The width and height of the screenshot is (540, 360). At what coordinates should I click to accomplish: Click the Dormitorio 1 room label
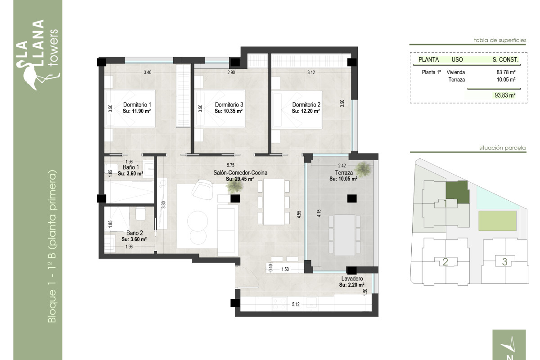(137, 105)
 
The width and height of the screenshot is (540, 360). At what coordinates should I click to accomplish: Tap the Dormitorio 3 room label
(229, 105)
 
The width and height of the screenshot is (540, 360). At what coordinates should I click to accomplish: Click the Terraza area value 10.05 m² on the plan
(343, 179)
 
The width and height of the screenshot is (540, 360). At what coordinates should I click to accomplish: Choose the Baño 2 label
(135, 233)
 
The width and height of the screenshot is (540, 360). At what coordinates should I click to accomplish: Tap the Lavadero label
(351, 279)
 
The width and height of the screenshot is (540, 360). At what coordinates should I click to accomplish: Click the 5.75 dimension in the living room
(231, 165)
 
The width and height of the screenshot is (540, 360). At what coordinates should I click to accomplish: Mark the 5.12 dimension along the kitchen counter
(296, 305)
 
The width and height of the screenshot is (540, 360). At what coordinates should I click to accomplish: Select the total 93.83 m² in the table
(504, 95)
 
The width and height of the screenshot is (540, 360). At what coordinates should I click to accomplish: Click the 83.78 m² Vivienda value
(506, 72)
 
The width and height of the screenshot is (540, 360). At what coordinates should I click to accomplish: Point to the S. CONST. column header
(505, 59)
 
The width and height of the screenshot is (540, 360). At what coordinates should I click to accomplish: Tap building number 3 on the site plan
(504, 261)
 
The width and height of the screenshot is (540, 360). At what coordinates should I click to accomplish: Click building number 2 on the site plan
(445, 262)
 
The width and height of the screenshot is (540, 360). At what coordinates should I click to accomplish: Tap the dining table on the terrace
(345, 234)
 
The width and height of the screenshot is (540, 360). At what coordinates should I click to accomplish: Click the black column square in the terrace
(351, 198)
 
